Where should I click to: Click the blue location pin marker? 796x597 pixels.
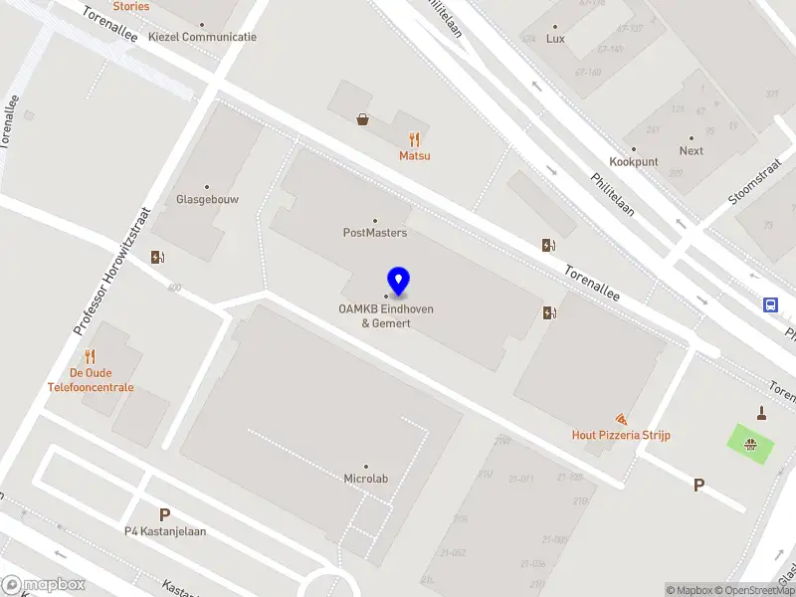pyautogui.click(x=399, y=282)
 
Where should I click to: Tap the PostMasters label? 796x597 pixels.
pyautogui.click(x=375, y=233)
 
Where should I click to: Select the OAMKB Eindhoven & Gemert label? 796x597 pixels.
pyautogui.click(x=386, y=315)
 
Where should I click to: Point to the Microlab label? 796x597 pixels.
pyautogui.click(x=365, y=479)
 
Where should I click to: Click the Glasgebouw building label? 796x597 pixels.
pyautogui.click(x=207, y=198)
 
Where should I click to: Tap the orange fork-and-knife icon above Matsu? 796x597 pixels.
pyautogui.click(x=415, y=140)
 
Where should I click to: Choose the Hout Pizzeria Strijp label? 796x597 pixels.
pyautogui.click(x=621, y=435)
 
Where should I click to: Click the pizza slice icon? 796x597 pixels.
pyautogui.click(x=622, y=419)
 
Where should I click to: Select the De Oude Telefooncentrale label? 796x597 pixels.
pyautogui.click(x=90, y=380)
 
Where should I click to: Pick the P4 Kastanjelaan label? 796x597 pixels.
pyautogui.click(x=165, y=530)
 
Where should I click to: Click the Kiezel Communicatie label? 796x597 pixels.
pyautogui.click(x=202, y=37)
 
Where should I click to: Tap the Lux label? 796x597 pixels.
pyautogui.click(x=555, y=39)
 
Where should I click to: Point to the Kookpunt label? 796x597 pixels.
pyautogui.click(x=634, y=161)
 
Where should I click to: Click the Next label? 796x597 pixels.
pyautogui.click(x=692, y=151)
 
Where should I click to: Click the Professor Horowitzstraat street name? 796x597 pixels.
pyautogui.click(x=111, y=270)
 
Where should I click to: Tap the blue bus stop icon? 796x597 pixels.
pyautogui.click(x=771, y=304)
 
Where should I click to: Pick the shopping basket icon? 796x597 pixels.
pyautogui.click(x=363, y=119)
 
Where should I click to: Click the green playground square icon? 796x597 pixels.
pyautogui.click(x=754, y=444)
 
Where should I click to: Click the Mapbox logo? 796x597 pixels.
pyautogui.click(x=42, y=585)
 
